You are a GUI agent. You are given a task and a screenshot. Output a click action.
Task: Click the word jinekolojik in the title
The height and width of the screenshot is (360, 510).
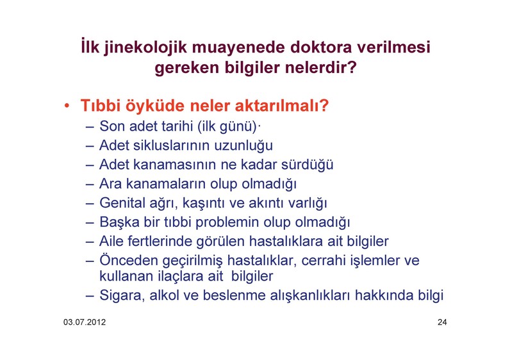pos(145,48)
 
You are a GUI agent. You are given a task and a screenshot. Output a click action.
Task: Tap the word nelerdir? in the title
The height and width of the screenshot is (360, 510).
pos(321,67)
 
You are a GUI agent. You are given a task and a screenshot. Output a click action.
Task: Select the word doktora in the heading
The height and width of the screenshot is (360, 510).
pos(321,47)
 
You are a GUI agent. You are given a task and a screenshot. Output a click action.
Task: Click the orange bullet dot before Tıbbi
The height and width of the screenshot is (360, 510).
pos(67,106)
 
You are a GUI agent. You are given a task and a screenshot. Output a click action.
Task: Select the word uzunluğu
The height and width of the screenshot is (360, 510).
pos(243,145)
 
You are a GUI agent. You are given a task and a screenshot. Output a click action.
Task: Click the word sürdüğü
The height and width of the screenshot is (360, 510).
pos(307,164)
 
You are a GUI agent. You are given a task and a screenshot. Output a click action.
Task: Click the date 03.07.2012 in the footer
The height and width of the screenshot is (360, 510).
pos(85,322)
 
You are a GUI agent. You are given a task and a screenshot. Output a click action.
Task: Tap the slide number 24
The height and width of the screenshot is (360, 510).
pos(442,322)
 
